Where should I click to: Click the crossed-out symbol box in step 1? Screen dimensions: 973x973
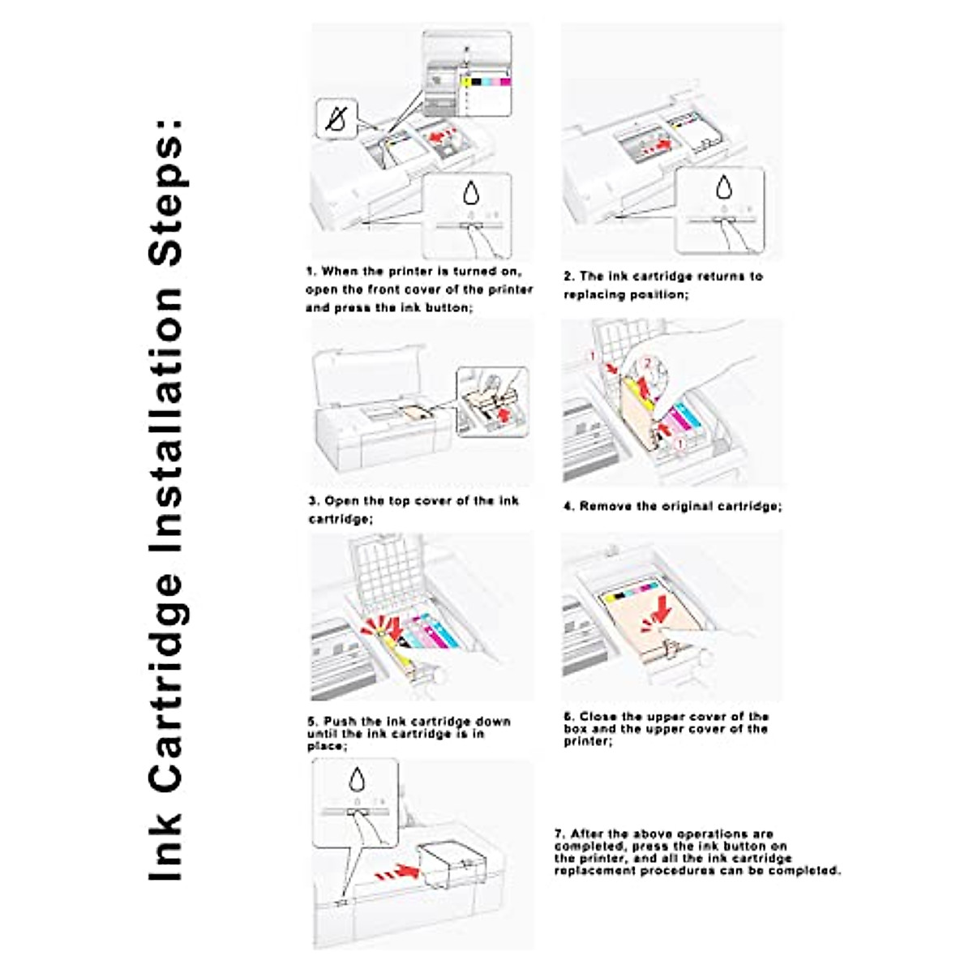[336, 120]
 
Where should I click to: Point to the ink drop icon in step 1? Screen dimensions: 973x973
[471, 193]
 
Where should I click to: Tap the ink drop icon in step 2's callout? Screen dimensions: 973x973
[723, 187]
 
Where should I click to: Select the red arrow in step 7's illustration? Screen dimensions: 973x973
[399, 872]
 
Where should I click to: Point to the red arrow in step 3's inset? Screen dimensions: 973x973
[508, 414]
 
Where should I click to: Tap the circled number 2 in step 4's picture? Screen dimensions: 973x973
[646, 364]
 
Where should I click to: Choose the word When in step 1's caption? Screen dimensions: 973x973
[339, 272]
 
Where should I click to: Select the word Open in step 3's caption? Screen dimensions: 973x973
[341, 501]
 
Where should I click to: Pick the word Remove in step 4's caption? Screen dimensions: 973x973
[605, 506]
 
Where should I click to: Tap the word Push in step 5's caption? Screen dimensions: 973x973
[341, 721]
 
